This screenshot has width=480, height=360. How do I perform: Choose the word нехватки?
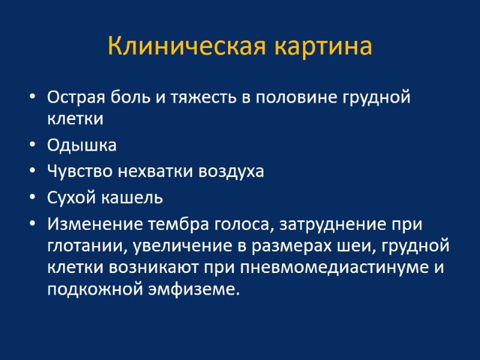click(156, 172)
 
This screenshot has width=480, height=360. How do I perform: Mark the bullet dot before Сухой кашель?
click(32, 198)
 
